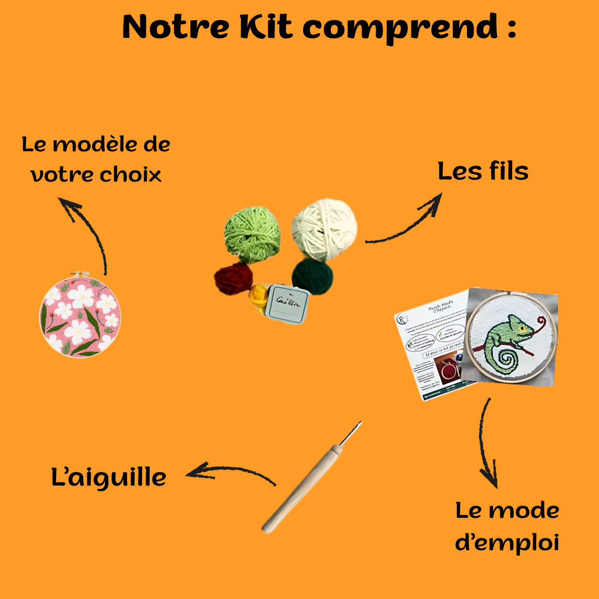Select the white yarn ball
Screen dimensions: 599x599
pyautogui.click(x=325, y=228)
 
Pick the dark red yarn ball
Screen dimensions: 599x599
pyautogui.click(x=233, y=278)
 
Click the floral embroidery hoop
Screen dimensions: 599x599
pyautogui.click(x=80, y=316)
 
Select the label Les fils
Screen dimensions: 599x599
pyautogui.click(x=483, y=171)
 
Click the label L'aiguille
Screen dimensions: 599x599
pyautogui.click(x=108, y=477)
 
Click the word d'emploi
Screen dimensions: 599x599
pyautogui.click(x=507, y=544)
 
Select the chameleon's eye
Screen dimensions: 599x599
pyautogui.click(x=523, y=328)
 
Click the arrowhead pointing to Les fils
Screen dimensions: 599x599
pyautogui.click(x=435, y=201)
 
